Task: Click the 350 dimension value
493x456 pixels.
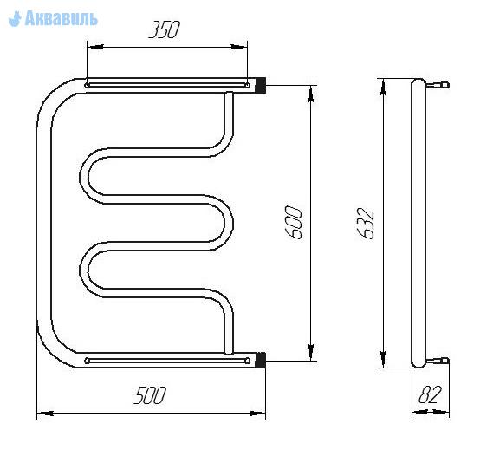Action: [164, 29]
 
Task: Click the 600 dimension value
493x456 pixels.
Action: [294, 222]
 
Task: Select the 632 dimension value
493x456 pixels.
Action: [366, 223]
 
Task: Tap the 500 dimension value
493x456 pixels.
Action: [150, 395]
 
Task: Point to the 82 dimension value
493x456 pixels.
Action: [430, 394]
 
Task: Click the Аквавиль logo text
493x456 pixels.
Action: [62, 18]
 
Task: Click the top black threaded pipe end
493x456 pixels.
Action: [260, 85]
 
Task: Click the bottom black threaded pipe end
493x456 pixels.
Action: [260, 360]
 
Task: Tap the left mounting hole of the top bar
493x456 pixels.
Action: [87, 85]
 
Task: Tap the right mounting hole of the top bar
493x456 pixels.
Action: [248, 85]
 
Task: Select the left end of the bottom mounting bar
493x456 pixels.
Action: [88, 361]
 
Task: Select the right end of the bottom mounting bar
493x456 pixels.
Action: [248, 361]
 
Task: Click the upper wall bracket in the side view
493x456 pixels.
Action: [438, 85]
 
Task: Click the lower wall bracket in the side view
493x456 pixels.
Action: [438, 361]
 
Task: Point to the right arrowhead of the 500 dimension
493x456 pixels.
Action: [257, 414]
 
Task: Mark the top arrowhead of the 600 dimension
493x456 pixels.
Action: [311, 94]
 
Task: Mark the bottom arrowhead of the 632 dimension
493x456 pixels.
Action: [383, 359]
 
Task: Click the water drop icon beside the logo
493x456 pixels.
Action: [15, 19]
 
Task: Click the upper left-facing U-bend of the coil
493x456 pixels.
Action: [84, 176]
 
